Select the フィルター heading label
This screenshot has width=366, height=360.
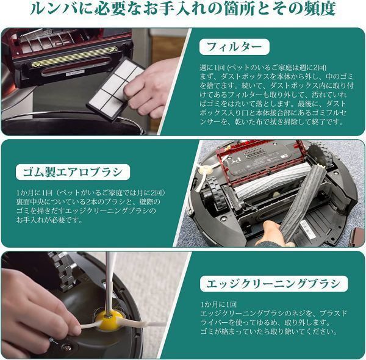click(234, 47)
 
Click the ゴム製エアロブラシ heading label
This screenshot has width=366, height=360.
click(73, 172)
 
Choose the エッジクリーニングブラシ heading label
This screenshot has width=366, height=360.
click(274, 284)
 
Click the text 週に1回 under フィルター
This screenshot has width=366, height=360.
click(212, 68)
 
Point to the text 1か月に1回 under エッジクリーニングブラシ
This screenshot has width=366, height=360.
click(219, 304)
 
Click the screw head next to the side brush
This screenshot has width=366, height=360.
click(67, 348)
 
